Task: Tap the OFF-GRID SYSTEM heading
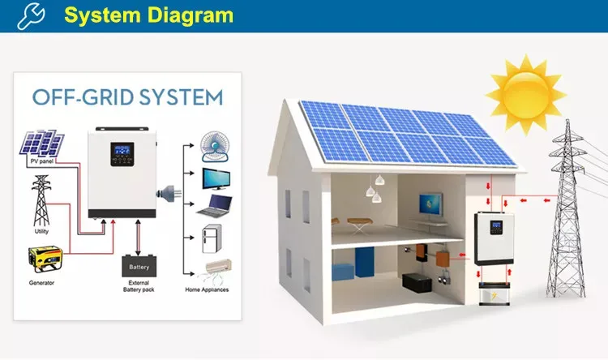(127, 98)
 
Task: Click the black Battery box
(139, 266)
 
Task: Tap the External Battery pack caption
(139, 286)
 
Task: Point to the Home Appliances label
(208, 289)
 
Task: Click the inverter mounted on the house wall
(492, 238)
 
